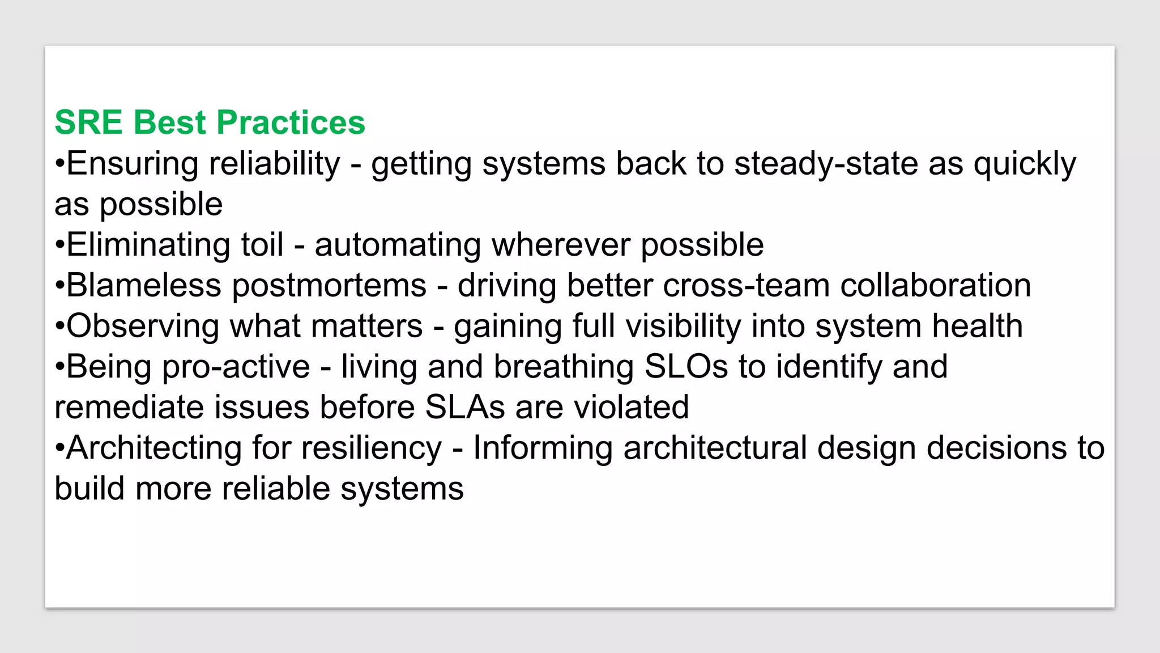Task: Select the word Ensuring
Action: tap(133, 164)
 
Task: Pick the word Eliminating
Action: tap(148, 245)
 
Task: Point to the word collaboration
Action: tap(935, 285)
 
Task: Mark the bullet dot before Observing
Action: tap(60, 326)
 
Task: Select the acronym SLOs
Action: tap(686, 367)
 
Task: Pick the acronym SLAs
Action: tap(464, 407)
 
